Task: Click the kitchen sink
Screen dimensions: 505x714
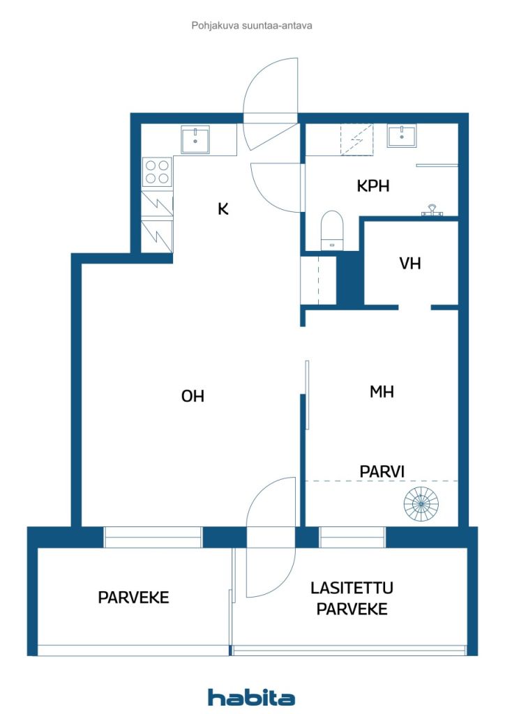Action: point(195,139)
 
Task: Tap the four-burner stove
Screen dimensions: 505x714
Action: point(157,172)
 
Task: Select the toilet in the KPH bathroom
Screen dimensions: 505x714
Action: point(331,230)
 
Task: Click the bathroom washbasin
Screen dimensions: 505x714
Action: point(401,136)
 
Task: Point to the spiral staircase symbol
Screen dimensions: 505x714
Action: point(421,504)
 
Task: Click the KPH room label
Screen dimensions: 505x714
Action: point(373,185)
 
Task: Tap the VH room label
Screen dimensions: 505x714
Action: point(410,263)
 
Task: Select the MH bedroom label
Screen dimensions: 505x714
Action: point(382,392)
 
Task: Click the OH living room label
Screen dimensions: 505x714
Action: point(193,396)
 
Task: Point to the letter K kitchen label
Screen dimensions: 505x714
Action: point(223,209)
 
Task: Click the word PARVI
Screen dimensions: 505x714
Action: point(382,472)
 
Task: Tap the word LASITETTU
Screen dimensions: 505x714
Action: point(352,588)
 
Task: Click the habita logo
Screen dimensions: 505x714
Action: point(251,697)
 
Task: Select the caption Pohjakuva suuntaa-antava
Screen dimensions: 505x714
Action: point(252,26)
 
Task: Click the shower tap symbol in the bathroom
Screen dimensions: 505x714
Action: point(431,211)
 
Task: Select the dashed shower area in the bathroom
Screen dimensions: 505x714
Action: point(357,139)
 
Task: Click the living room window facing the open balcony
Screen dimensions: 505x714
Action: point(153,538)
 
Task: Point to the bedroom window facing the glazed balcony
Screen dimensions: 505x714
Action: point(352,538)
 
